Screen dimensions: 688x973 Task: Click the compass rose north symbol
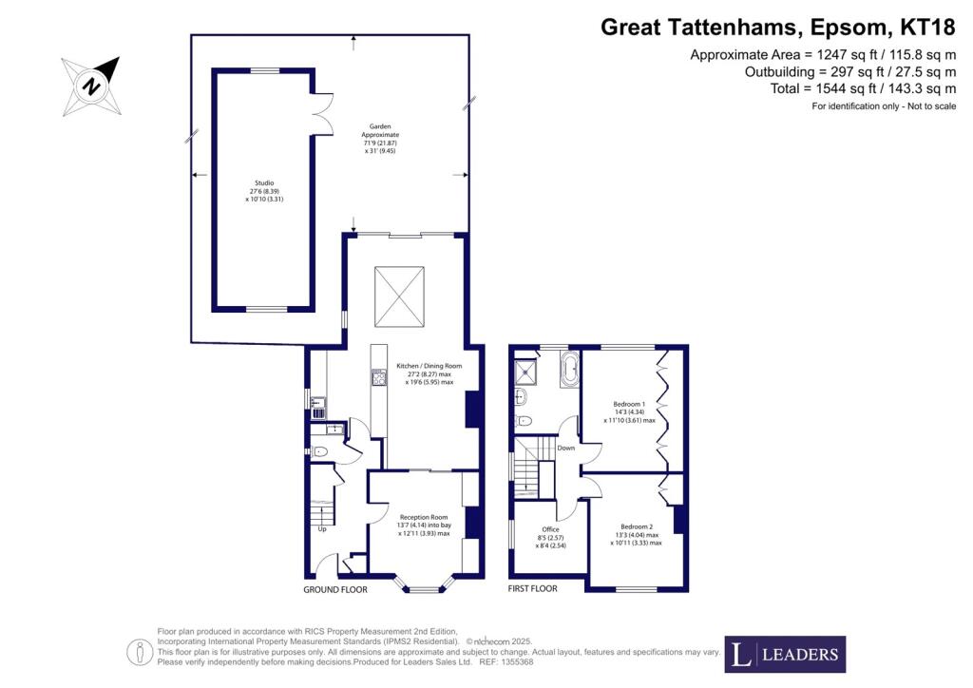coord(91,86)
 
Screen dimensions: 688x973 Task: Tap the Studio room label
coord(263,191)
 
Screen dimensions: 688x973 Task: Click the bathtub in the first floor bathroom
coord(569,369)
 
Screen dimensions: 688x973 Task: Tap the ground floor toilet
coord(321,452)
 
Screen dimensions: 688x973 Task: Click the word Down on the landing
coord(565,448)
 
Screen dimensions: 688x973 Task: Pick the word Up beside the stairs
coord(322,529)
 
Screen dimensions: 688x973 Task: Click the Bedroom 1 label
coord(629,411)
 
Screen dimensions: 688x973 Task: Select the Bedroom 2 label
coord(637,534)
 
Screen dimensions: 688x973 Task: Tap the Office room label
coord(550,537)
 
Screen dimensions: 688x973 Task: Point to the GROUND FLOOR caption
coord(335,589)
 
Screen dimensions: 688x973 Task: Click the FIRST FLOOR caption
coord(533,589)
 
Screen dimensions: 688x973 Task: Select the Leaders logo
coord(785,654)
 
